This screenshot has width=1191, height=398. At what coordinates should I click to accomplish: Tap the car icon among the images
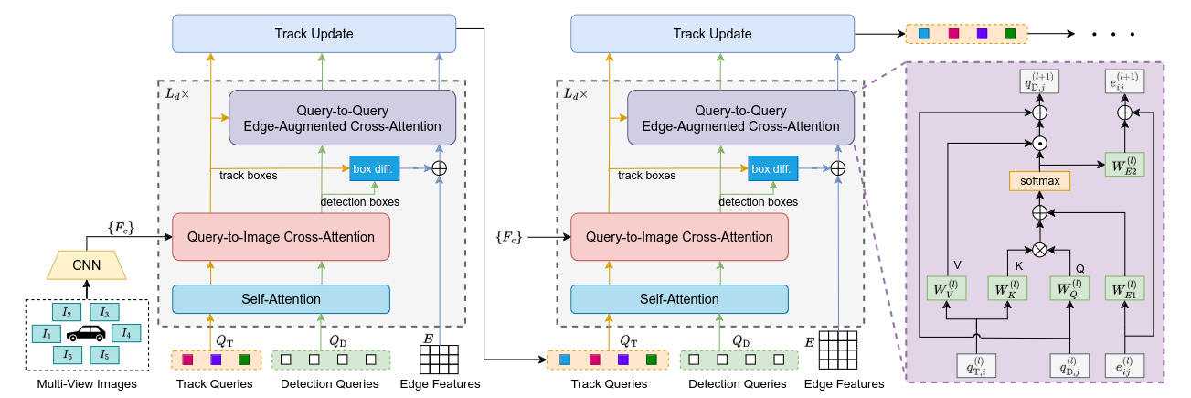click(87, 334)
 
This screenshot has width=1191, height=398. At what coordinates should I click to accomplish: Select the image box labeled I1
click(47, 333)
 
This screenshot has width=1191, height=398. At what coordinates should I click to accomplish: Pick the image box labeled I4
click(127, 333)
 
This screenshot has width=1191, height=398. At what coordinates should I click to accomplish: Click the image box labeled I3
click(105, 313)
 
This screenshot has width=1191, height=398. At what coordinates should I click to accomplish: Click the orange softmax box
click(1039, 180)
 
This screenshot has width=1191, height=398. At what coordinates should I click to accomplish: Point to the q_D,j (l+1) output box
click(1039, 81)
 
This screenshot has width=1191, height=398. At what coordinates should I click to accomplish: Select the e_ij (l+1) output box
click(1122, 81)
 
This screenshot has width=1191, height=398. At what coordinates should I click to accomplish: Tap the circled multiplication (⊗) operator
click(1039, 248)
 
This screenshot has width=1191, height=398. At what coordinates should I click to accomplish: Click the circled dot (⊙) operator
click(1039, 144)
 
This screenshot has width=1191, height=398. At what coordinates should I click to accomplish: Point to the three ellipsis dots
click(1112, 35)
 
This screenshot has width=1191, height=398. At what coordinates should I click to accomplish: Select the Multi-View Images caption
click(87, 384)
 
